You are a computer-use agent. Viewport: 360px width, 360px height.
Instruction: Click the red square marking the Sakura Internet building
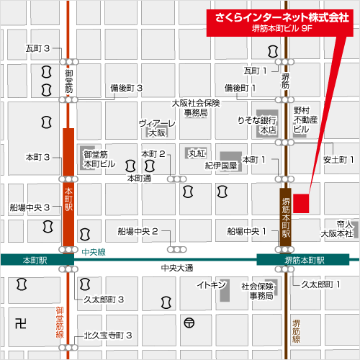(x=300, y=203)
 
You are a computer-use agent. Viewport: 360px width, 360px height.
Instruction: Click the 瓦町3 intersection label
(x=37, y=48)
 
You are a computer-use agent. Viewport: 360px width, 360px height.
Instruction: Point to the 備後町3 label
(x=126, y=88)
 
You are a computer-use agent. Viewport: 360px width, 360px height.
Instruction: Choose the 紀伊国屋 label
(x=220, y=165)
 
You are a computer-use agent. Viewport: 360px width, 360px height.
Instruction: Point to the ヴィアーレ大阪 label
(x=158, y=127)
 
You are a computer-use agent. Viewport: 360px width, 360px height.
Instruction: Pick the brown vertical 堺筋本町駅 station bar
(x=285, y=212)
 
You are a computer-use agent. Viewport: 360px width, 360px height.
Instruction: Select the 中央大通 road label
(x=176, y=268)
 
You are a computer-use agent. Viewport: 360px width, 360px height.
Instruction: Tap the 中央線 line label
(x=94, y=252)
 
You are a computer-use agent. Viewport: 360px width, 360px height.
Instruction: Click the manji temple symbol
(x=19, y=322)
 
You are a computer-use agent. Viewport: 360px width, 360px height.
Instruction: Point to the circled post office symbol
(x=189, y=322)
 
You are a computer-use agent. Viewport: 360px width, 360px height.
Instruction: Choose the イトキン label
(x=212, y=285)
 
